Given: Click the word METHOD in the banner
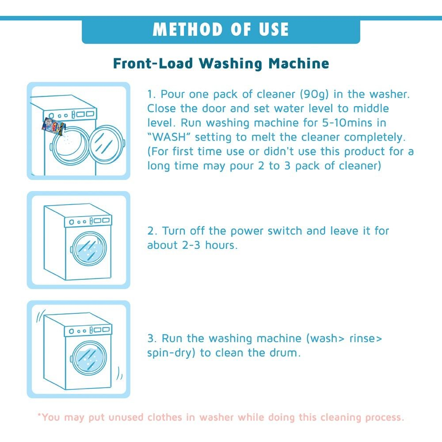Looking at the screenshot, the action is (188, 29).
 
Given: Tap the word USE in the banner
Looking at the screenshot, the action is (274, 29).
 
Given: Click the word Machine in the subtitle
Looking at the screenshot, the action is (298, 63).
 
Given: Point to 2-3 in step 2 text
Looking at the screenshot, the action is (191, 245).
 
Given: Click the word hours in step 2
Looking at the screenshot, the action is (221, 245).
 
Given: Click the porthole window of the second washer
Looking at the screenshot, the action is (89, 248).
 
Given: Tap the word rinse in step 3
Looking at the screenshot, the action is (366, 338).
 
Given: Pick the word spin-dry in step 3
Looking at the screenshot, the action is (171, 353).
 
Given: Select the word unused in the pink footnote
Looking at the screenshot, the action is (126, 417).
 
